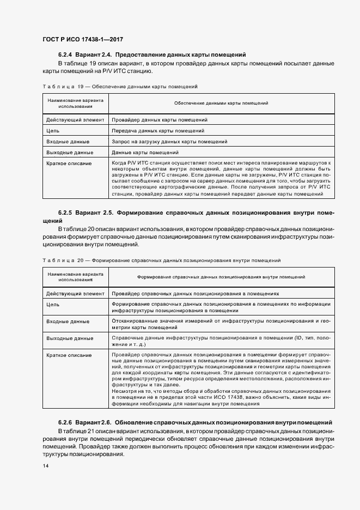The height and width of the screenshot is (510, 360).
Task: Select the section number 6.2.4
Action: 65,55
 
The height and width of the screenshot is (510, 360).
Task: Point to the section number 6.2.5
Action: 65,212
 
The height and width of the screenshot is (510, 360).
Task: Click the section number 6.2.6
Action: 65,423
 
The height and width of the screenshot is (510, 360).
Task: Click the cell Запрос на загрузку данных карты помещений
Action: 169,142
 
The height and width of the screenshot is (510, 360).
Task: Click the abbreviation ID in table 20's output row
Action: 298,338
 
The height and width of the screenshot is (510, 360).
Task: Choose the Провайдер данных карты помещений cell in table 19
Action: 160,120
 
